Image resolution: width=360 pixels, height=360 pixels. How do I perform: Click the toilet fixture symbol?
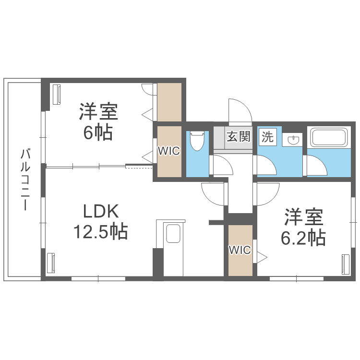tap(197, 141)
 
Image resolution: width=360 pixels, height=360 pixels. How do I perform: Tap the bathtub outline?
tap(328, 137)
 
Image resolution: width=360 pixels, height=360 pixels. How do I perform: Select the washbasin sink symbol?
tap(292, 139)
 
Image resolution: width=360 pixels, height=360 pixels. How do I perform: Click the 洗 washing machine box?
tap(268, 137)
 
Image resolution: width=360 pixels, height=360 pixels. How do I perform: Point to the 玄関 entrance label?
tap(238, 137)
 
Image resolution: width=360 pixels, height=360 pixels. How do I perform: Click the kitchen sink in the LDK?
tap(173, 233)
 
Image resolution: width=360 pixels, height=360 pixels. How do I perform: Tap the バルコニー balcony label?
tap(25, 180)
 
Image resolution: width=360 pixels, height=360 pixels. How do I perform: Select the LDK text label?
tap(101, 211)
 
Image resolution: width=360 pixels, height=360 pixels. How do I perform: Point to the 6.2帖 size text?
tap(303, 238)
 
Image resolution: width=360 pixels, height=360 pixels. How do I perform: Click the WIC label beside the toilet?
tap(169, 151)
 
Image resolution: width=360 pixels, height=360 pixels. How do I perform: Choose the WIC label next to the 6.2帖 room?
tap(240, 250)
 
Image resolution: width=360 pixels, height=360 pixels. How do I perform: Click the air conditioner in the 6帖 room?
tap(57, 95)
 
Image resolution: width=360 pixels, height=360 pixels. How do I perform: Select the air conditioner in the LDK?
tap(51, 263)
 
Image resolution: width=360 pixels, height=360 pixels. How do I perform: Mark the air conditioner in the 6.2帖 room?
tap(345, 264)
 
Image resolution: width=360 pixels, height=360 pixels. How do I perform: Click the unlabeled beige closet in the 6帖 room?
tap(169, 102)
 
